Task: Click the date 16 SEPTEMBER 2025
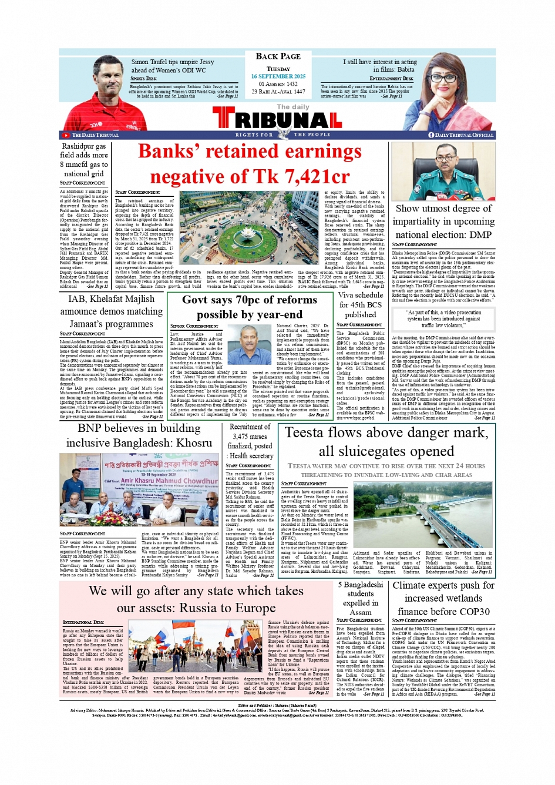pyautogui.click(x=278, y=76)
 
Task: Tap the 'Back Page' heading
pyautogui.click(x=278, y=56)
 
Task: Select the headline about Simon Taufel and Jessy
pyautogui.click(x=172, y=66)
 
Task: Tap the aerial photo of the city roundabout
pyautogui.click(x=249, y=227)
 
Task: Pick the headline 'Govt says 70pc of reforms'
pyautogui.click(x=250, y=300)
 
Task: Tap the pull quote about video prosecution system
pyautogui.click(x=444, y=319)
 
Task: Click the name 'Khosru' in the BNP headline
pyautogui.click(x=188, y=443)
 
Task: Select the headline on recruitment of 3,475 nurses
pyautogui.click(x=250, y=441)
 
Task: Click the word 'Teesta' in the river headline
pyautogui.click(x=306, y=433)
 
